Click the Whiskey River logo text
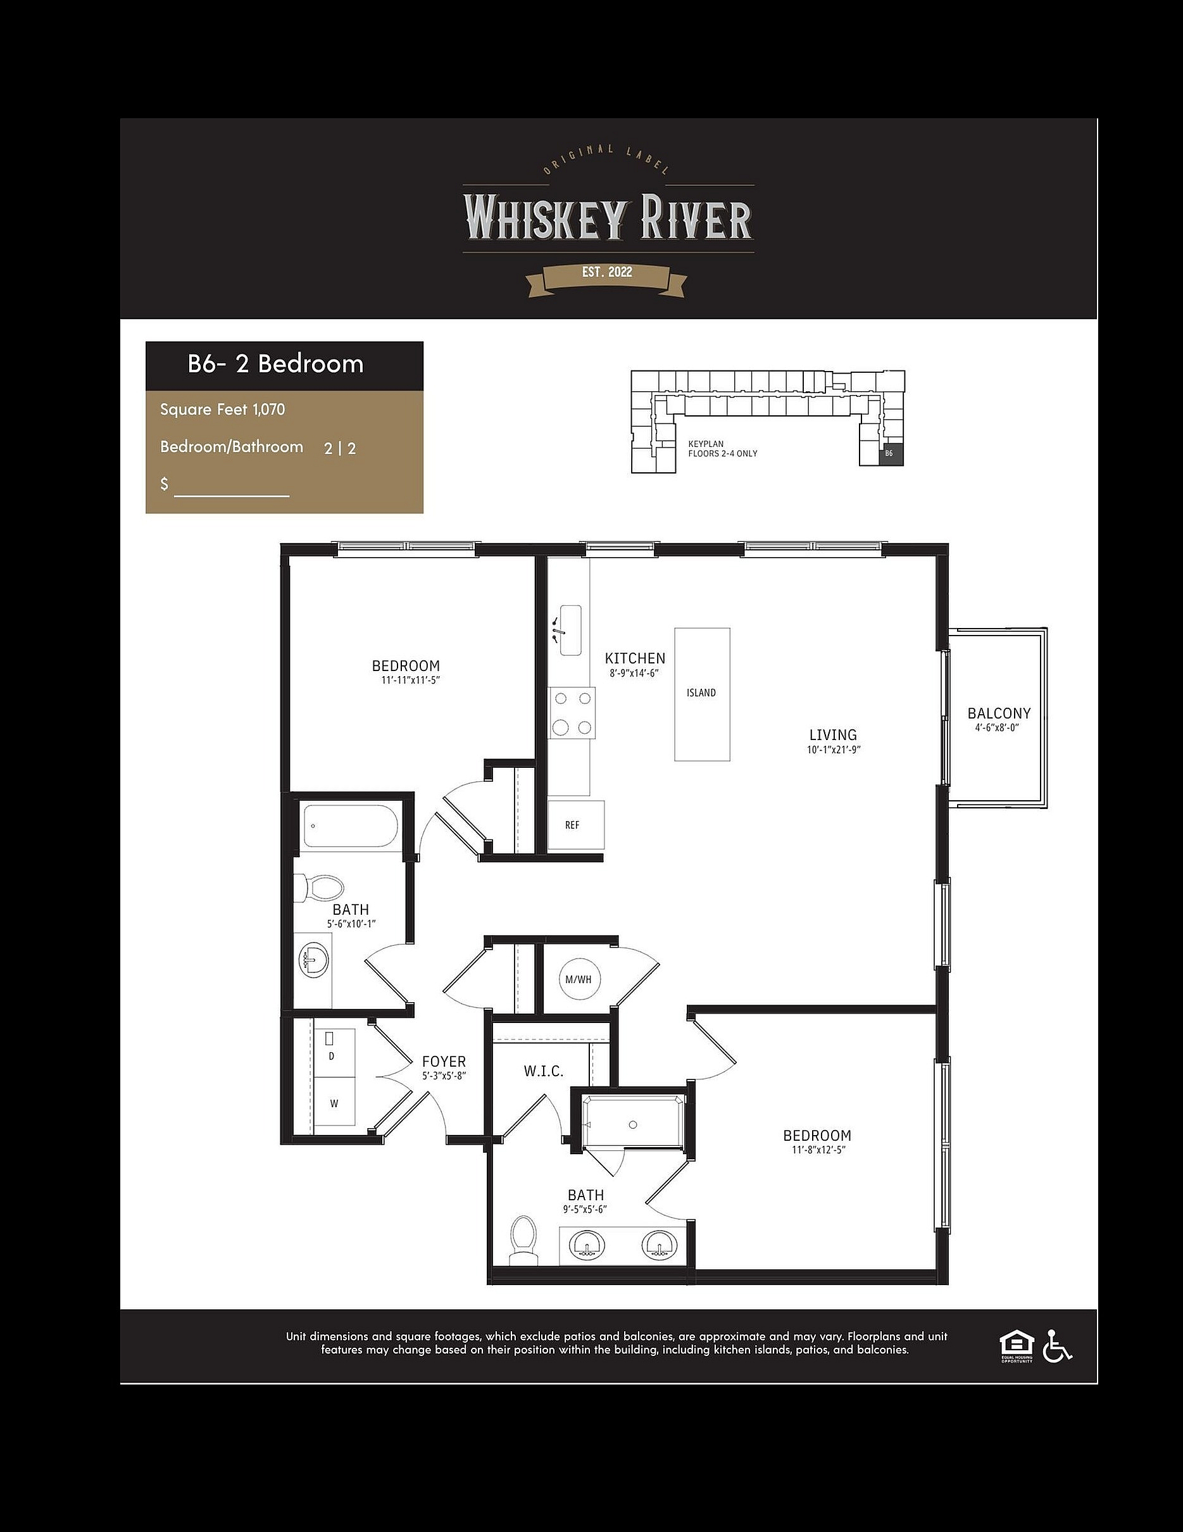[x=607, y=218]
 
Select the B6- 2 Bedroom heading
[x=275, y=363]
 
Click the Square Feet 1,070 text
[x=222, y=409]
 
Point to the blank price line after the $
[x=232, y=495]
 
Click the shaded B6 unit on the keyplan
[x=892, y=454]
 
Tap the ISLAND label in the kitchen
[x=701, y=693]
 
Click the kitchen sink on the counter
[x=570, y=630]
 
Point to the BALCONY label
[x=999, y=713]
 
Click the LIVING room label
[x=833, y=734]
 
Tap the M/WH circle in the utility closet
[x=579, y=979]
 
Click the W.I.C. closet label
[x=544, y=1072]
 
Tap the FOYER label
[x=444, y=1061]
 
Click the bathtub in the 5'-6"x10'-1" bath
[x=351, y=826]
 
